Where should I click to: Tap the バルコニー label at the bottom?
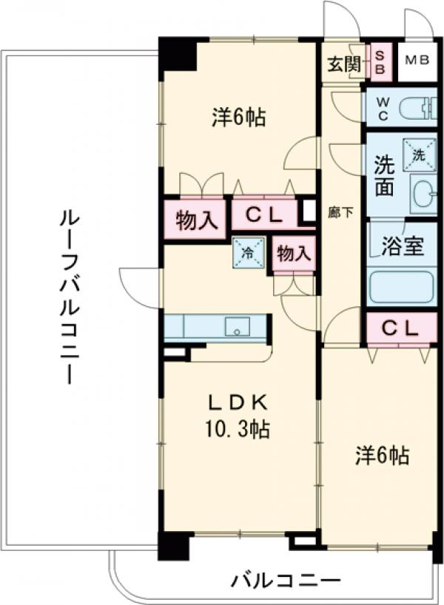pos(284,579)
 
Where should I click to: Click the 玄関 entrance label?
pos(345,64)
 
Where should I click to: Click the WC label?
pos(383,108)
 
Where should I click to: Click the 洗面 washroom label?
pos(383,175)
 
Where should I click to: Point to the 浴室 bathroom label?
pos(403,246)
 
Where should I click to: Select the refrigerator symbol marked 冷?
pos(246,252)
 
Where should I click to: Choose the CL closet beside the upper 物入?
pos(265,216)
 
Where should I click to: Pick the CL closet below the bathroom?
pos(400,328)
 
